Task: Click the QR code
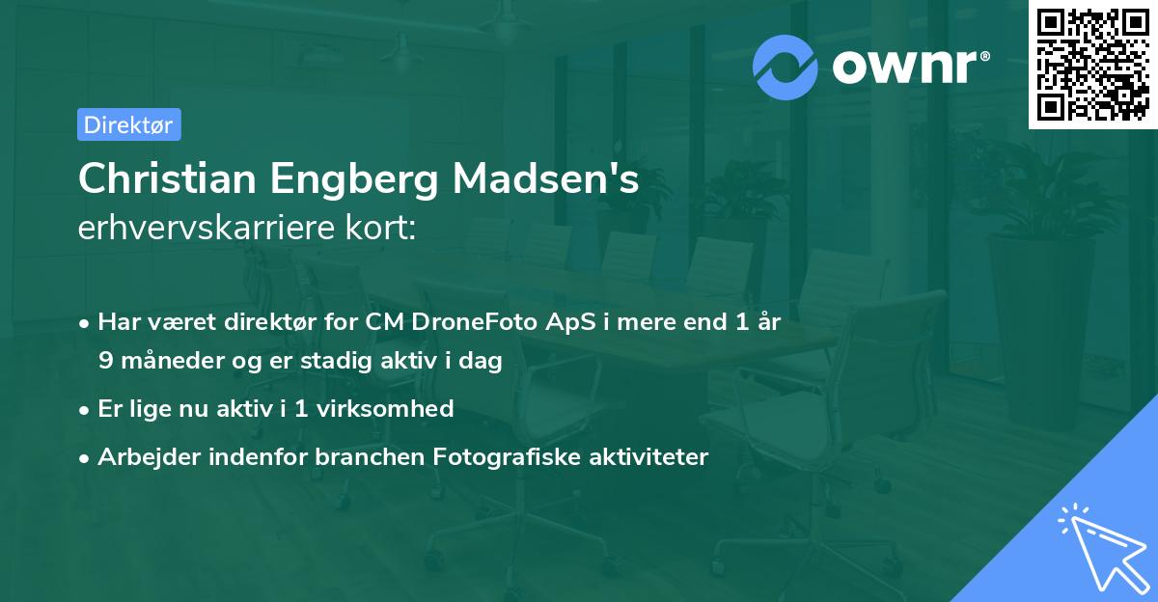point(1092,65)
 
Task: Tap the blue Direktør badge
point(128,124)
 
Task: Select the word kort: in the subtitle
point(383,228)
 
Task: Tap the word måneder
point(171,360)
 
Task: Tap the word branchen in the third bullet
point(362,456)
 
